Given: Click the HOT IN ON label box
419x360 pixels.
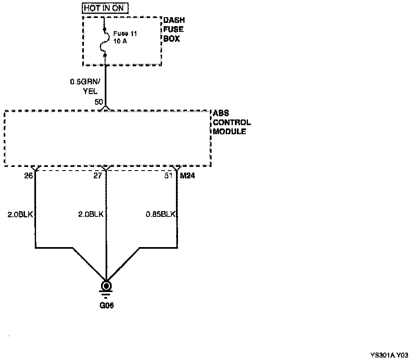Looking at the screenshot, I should pyautogui.click(x=106, y=8).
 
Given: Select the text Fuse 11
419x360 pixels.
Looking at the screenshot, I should pyautogui.click(x=125, y=34).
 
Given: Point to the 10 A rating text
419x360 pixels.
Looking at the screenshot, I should pyautogui.click(x=120, y=41).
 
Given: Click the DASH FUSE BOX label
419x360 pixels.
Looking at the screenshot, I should pyautogui.click(x=173, y=29).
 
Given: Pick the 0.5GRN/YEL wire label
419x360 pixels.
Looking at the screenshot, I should pyautogui.click(x=84, y=87).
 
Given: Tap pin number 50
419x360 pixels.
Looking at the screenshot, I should pyautogui.click(x=99, y=102).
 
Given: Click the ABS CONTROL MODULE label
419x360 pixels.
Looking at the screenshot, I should pyautogui.click(x=232, y=123).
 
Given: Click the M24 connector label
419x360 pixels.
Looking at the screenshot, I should pyautogui.click(x=187, y=176).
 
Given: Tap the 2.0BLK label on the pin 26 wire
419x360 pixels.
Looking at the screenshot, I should pyautogui.click(x=20, y=214).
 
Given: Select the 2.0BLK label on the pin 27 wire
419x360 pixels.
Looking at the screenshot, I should pyautogui.click(x=91, y=214).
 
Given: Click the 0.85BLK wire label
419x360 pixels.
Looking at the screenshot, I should pyautogui.click(x=161, y=214).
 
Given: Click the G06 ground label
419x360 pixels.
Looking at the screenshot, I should pyautogui.click(x=106, y=305).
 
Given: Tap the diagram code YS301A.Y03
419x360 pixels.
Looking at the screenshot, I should pyautogui.click(x=389, y=355).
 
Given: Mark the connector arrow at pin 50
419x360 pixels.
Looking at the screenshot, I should pyautogui.click(x=106, y=108).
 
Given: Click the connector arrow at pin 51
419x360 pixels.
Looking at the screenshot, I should pyautogui.click(x=177, y=168).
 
